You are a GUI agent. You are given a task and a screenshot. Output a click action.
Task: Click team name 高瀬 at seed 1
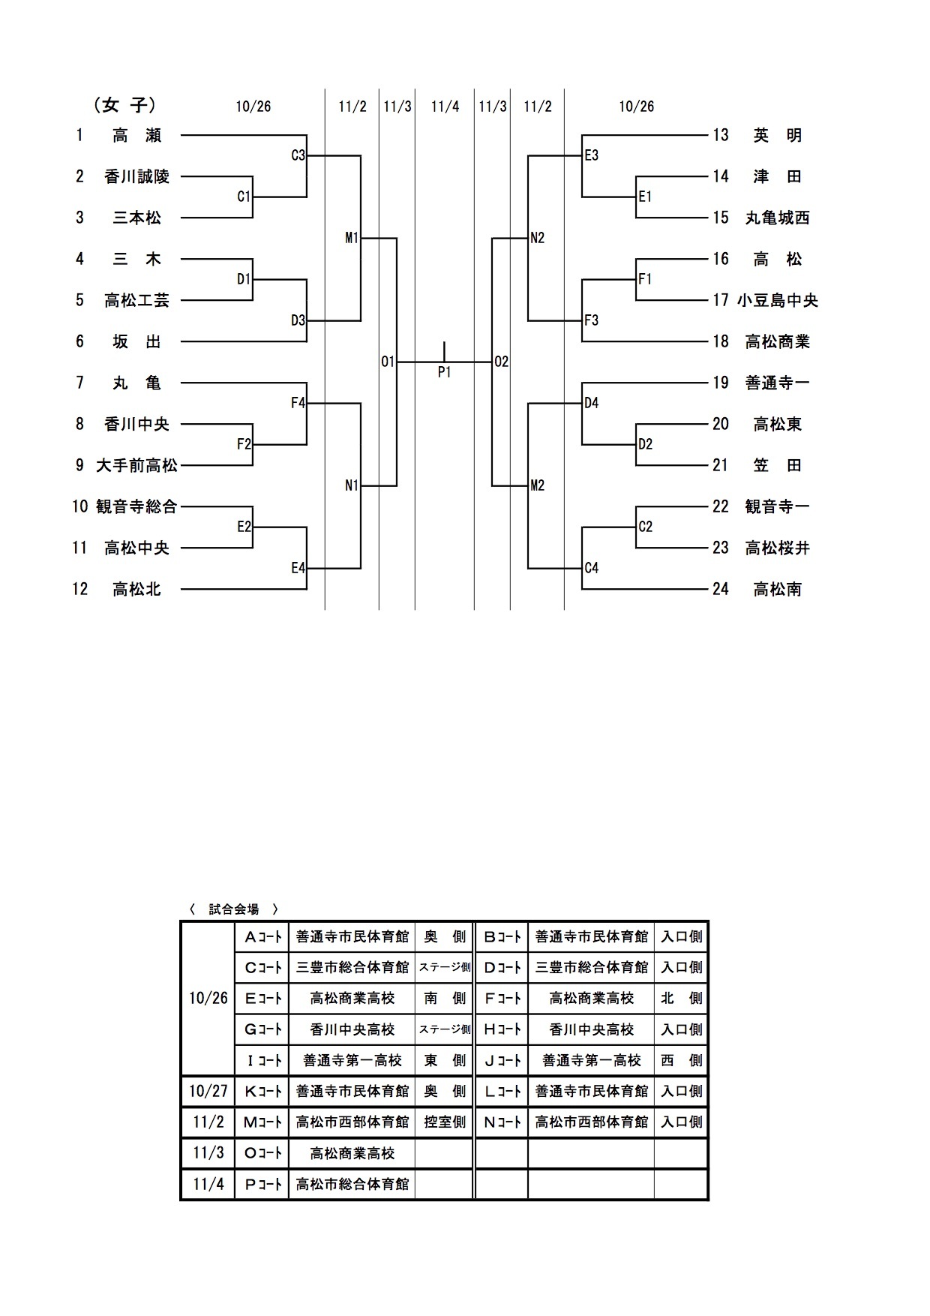point(136,136)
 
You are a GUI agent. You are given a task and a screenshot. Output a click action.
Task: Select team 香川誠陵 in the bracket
point(136,177)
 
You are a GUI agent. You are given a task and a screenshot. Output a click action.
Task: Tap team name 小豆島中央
point(777,301)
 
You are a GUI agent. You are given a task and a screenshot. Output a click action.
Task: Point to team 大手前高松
point(136,466)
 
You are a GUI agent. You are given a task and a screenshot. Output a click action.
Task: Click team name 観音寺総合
point(136,507)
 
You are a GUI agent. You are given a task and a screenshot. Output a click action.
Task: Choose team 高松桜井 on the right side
point(777,548)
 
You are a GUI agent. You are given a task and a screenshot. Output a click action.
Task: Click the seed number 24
point(721,590)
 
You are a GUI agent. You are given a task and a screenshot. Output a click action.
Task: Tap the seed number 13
point(721,136)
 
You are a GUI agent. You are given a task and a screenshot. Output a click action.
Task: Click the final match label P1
point(444,372)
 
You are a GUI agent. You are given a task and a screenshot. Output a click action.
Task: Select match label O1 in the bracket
point(387,362)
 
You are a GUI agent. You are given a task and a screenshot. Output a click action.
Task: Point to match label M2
point(537,485)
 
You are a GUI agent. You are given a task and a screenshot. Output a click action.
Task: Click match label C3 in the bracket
point(298,155)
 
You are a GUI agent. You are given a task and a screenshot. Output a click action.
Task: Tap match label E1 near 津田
point(645,197)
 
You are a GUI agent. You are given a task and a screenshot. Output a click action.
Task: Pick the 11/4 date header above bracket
point(445,107)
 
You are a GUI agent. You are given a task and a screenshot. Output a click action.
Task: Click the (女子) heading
point(125,106)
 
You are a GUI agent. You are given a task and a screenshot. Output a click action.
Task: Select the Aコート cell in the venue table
point(262,936)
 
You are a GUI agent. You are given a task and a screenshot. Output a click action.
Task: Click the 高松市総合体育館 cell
point(352,1185)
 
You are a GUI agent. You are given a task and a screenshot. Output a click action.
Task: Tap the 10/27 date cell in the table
point(208,1091)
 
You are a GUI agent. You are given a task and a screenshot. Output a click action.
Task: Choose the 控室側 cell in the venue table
point(444,1122)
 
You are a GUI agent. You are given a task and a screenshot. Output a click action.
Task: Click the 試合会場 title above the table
point(234,909)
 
